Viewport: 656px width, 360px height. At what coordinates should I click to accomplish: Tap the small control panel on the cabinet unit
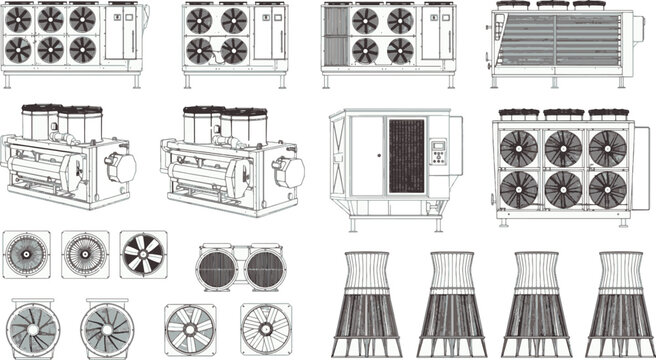coord(437,153)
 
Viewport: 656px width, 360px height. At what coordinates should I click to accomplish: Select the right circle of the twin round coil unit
coord(265,268)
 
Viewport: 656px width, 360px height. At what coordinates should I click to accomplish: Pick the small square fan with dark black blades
coord(143,254)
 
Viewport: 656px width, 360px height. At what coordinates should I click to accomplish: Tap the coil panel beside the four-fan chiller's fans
coord(336,37)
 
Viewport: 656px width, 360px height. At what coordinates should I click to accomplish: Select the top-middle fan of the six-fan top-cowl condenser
coord(563,149)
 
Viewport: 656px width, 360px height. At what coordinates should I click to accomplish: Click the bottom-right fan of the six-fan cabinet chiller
coord(80,49)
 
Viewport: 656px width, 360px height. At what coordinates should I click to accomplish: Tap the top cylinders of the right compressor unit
coord(221,123)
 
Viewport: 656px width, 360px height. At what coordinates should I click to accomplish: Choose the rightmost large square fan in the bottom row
coord(263,329)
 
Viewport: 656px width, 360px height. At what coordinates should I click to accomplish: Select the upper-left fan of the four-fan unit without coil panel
coord(200,20)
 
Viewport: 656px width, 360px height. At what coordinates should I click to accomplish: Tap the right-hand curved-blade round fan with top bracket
coord(107,326)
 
